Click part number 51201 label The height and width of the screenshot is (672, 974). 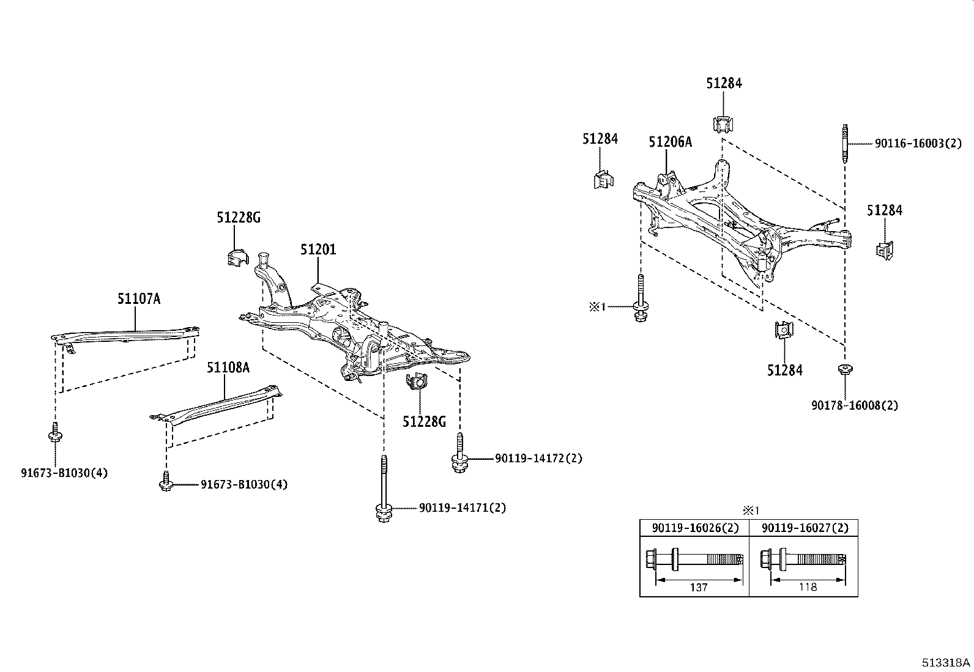318,249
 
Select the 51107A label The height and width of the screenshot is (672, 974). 139,298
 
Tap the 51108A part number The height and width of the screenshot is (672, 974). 228,367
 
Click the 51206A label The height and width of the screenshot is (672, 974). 670,142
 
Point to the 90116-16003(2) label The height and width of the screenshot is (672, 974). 918,144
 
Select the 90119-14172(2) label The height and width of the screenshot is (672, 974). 538,458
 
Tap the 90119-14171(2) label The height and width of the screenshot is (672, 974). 463,508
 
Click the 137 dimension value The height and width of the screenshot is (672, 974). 698,587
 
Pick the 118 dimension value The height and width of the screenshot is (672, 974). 808,587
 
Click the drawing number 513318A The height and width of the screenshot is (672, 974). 946,663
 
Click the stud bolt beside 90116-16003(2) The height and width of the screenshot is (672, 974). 844,143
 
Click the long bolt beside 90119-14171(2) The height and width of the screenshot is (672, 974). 383,489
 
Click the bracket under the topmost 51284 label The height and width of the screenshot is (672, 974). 723,124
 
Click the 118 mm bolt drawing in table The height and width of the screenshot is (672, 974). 801,559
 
